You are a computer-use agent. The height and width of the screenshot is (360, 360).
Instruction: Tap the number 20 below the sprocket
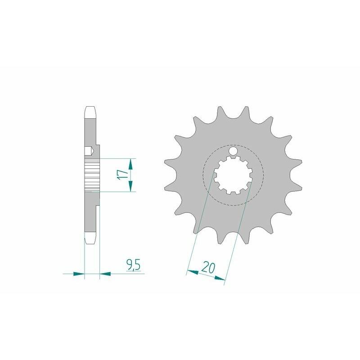tap(207, 268)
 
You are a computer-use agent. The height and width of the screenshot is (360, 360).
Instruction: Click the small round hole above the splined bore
tap(234, 152)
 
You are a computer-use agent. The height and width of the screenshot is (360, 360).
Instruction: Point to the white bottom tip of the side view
tap(91, 239)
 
